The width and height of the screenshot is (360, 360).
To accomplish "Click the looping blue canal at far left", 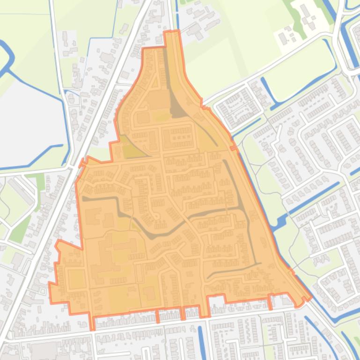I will pyautogui.click(x=7, y=56).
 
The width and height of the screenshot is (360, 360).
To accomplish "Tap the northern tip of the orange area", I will pyautogui.click(x=172, y=33).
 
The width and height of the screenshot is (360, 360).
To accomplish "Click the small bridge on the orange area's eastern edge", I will pyautogui.click(x=234, y=148).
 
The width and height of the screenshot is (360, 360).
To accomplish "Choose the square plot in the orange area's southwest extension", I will pyautogui.click(x=77, y=280).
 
